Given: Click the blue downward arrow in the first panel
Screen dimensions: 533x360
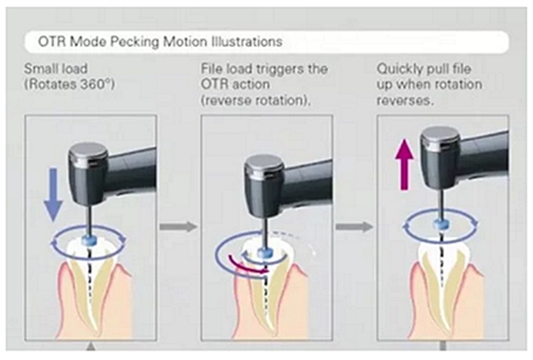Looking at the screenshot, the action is (x=53, y=194).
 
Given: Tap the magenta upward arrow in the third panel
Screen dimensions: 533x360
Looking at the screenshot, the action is (x=405, y=165).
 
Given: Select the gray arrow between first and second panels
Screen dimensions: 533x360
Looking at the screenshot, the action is (x=179, y=227).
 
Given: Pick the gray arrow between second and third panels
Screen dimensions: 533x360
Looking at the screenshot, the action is (x=354, y=227).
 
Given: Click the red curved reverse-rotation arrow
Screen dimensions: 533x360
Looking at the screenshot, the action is (x=247, y=265).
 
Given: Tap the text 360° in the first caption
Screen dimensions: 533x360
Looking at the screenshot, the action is (x=95, y=85).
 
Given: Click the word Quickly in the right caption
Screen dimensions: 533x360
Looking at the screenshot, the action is (x=396, y=70).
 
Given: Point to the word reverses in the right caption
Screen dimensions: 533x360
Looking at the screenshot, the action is (x=405, y=100).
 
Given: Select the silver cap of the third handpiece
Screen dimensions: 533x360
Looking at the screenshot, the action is (x=440, y=137).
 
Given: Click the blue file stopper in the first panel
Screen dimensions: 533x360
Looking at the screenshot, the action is (x=89, y=241).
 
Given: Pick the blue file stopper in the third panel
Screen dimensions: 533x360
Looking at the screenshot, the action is (x=441, y=224).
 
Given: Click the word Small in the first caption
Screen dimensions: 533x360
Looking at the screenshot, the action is (x=38, y=70).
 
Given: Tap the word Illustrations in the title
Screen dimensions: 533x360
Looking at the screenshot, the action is (x=247, y=42).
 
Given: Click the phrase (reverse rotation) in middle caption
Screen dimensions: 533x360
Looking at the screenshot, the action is (x=256, y=100).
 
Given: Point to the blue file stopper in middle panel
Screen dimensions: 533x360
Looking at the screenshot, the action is (x=265, y=253).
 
